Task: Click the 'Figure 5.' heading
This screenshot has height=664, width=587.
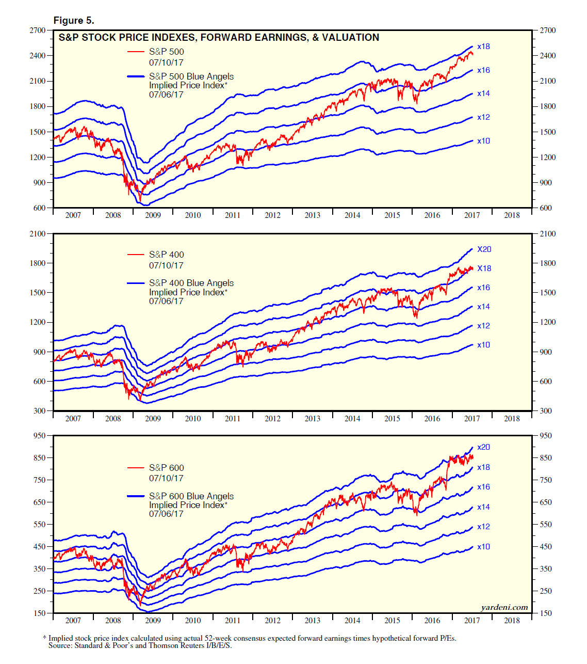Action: pyautogui.click(x=74, y=21)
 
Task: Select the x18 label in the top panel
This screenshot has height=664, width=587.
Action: pyautogui.click(x=483, y=46)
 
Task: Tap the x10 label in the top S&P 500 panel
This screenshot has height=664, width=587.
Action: pyautogui.click(x=483, y=141)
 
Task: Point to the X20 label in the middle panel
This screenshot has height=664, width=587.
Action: pyautogui.click(x=484, y=249)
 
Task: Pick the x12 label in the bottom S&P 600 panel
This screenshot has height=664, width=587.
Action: pyautogui.click(x=483, y=527)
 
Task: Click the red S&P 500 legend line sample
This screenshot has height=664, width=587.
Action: pyautogui.click(x=136, y=52)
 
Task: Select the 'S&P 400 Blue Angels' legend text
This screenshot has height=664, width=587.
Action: pyautogui.click(x=191, y=283)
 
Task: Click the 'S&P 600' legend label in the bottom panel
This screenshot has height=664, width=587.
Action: pyautogui.click(x=166, y=468)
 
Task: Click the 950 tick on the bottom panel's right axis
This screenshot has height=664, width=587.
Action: pyautogui.click(x=545, y=436)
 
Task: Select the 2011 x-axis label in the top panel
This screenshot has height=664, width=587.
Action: pyautogui.click(x=233, y=215)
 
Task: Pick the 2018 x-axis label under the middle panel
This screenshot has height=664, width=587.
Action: pyautogui.click(x=512, y=419)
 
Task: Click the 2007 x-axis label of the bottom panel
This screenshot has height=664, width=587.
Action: pyautogui.click(x=73, y=621)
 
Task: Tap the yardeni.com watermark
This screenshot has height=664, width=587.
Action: pyautogui.click(x=504, y=607)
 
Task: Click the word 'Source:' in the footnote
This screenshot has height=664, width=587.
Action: pyautogui.click(x=60, y=645)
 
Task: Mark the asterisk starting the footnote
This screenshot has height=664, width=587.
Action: pyautogui.click(x=45, y=638)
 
